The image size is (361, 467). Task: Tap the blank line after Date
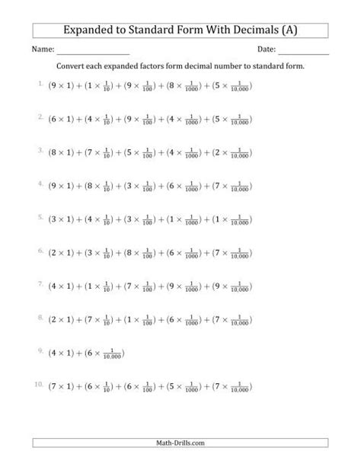tap(304, 53)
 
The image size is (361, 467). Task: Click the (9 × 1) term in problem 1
tap(62, 88)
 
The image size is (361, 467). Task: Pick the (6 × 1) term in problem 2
tap(62, 120)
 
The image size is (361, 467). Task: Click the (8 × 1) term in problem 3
tap(62, 153)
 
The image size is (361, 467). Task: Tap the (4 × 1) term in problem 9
tap(62, 351)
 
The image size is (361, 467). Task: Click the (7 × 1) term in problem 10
tap(62, 385)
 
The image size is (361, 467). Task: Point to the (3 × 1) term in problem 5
tap(62, 219)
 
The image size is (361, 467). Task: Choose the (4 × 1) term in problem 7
tap(62, 286)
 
